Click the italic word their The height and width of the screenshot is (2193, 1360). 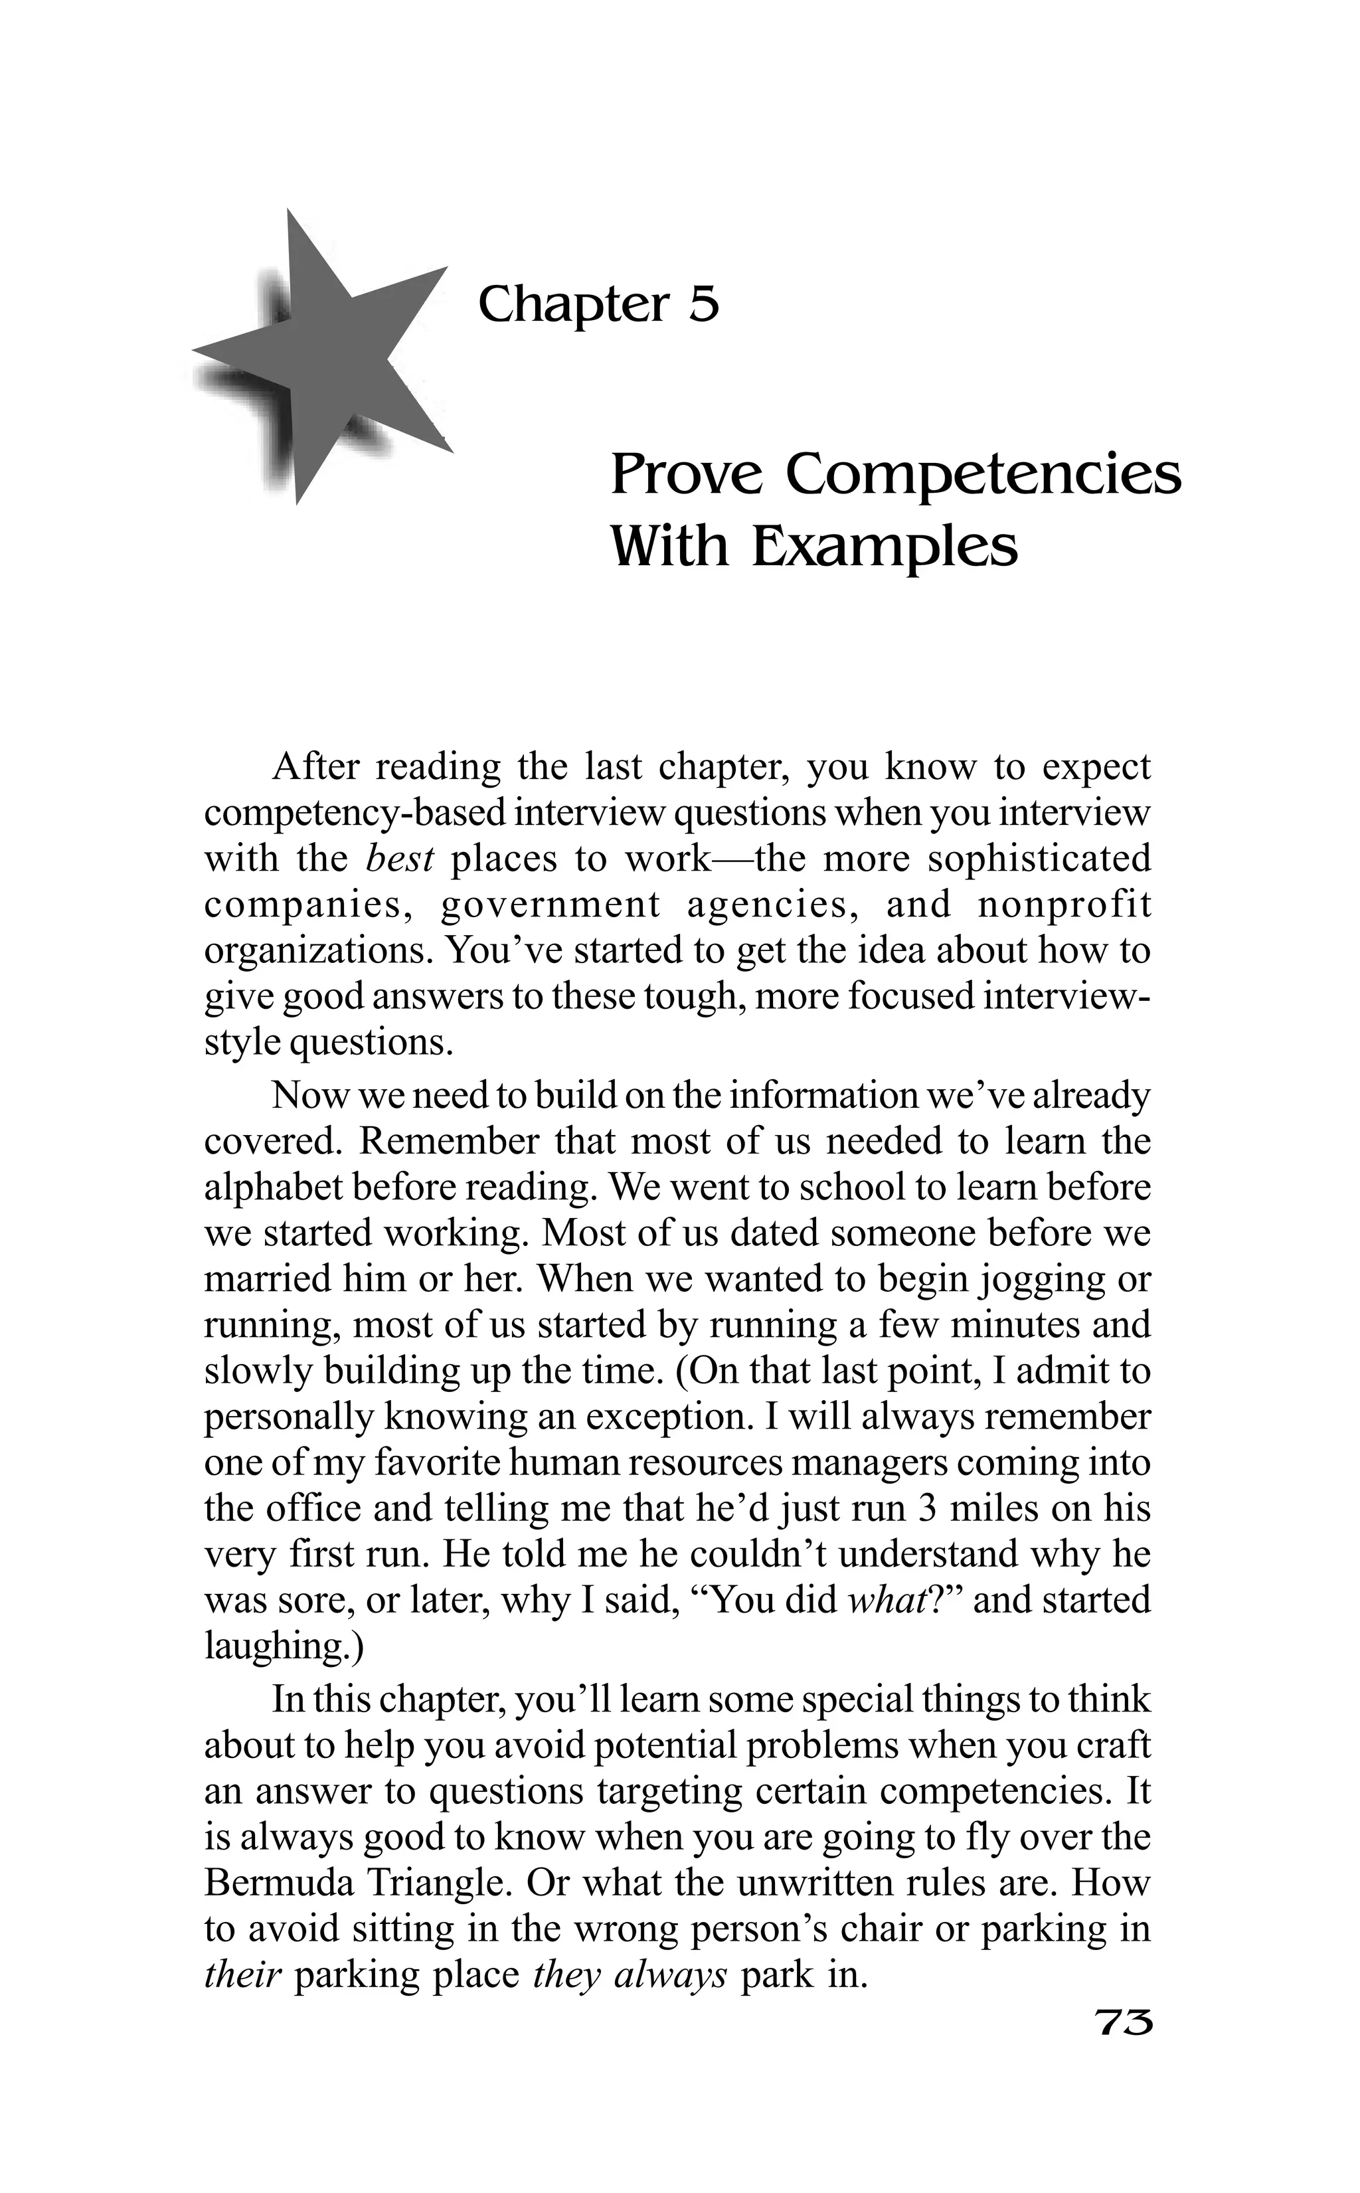click(243, 1974)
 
